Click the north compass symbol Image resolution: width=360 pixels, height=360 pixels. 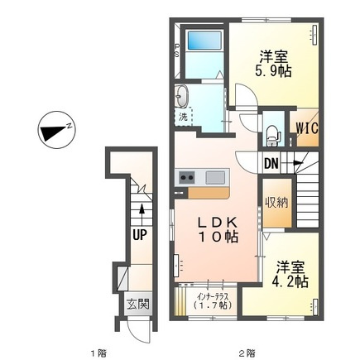click(x=56, y=130)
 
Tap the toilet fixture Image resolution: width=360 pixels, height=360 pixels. click(x=273, y=135)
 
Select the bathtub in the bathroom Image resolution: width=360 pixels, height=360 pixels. click(x=204, y=41)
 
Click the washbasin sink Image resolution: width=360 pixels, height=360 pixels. click(x=182, y=96)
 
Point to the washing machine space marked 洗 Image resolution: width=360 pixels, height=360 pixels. click(x=183, y=117)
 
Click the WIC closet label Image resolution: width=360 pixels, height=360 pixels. click(x=307, y=128)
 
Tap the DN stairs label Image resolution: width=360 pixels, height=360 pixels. click(x=271, y=164)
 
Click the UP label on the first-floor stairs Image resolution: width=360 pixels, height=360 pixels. click(x=140, y=235)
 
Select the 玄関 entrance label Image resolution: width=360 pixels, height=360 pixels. click(x=138, y=305)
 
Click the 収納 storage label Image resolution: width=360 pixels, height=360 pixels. click(x=276, y=203)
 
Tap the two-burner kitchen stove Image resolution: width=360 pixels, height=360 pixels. click(x=186, y=177)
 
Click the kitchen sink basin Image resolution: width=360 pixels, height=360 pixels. click(x=215, y=177)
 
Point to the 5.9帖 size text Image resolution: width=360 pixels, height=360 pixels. click(x=273, y=72)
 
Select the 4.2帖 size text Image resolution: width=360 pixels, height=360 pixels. click(x=290, y=281)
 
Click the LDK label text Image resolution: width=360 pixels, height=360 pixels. click(x=217, y=222)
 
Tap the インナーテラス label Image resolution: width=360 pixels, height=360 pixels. click(x=213, y=297)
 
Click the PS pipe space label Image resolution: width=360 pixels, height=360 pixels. click(x=176, y=50)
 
